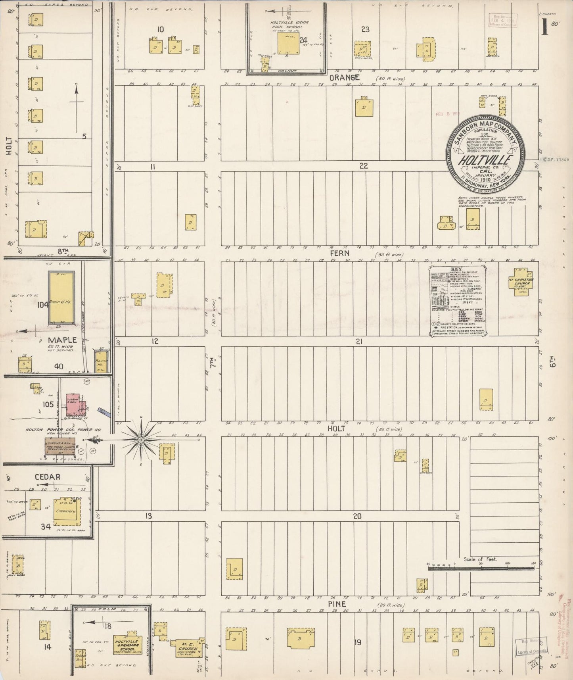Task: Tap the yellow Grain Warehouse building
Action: [x=61, y=298]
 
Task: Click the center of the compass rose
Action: [x=141, y=440]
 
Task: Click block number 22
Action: [x=364, y=166]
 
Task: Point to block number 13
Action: [x=148, y=516]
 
